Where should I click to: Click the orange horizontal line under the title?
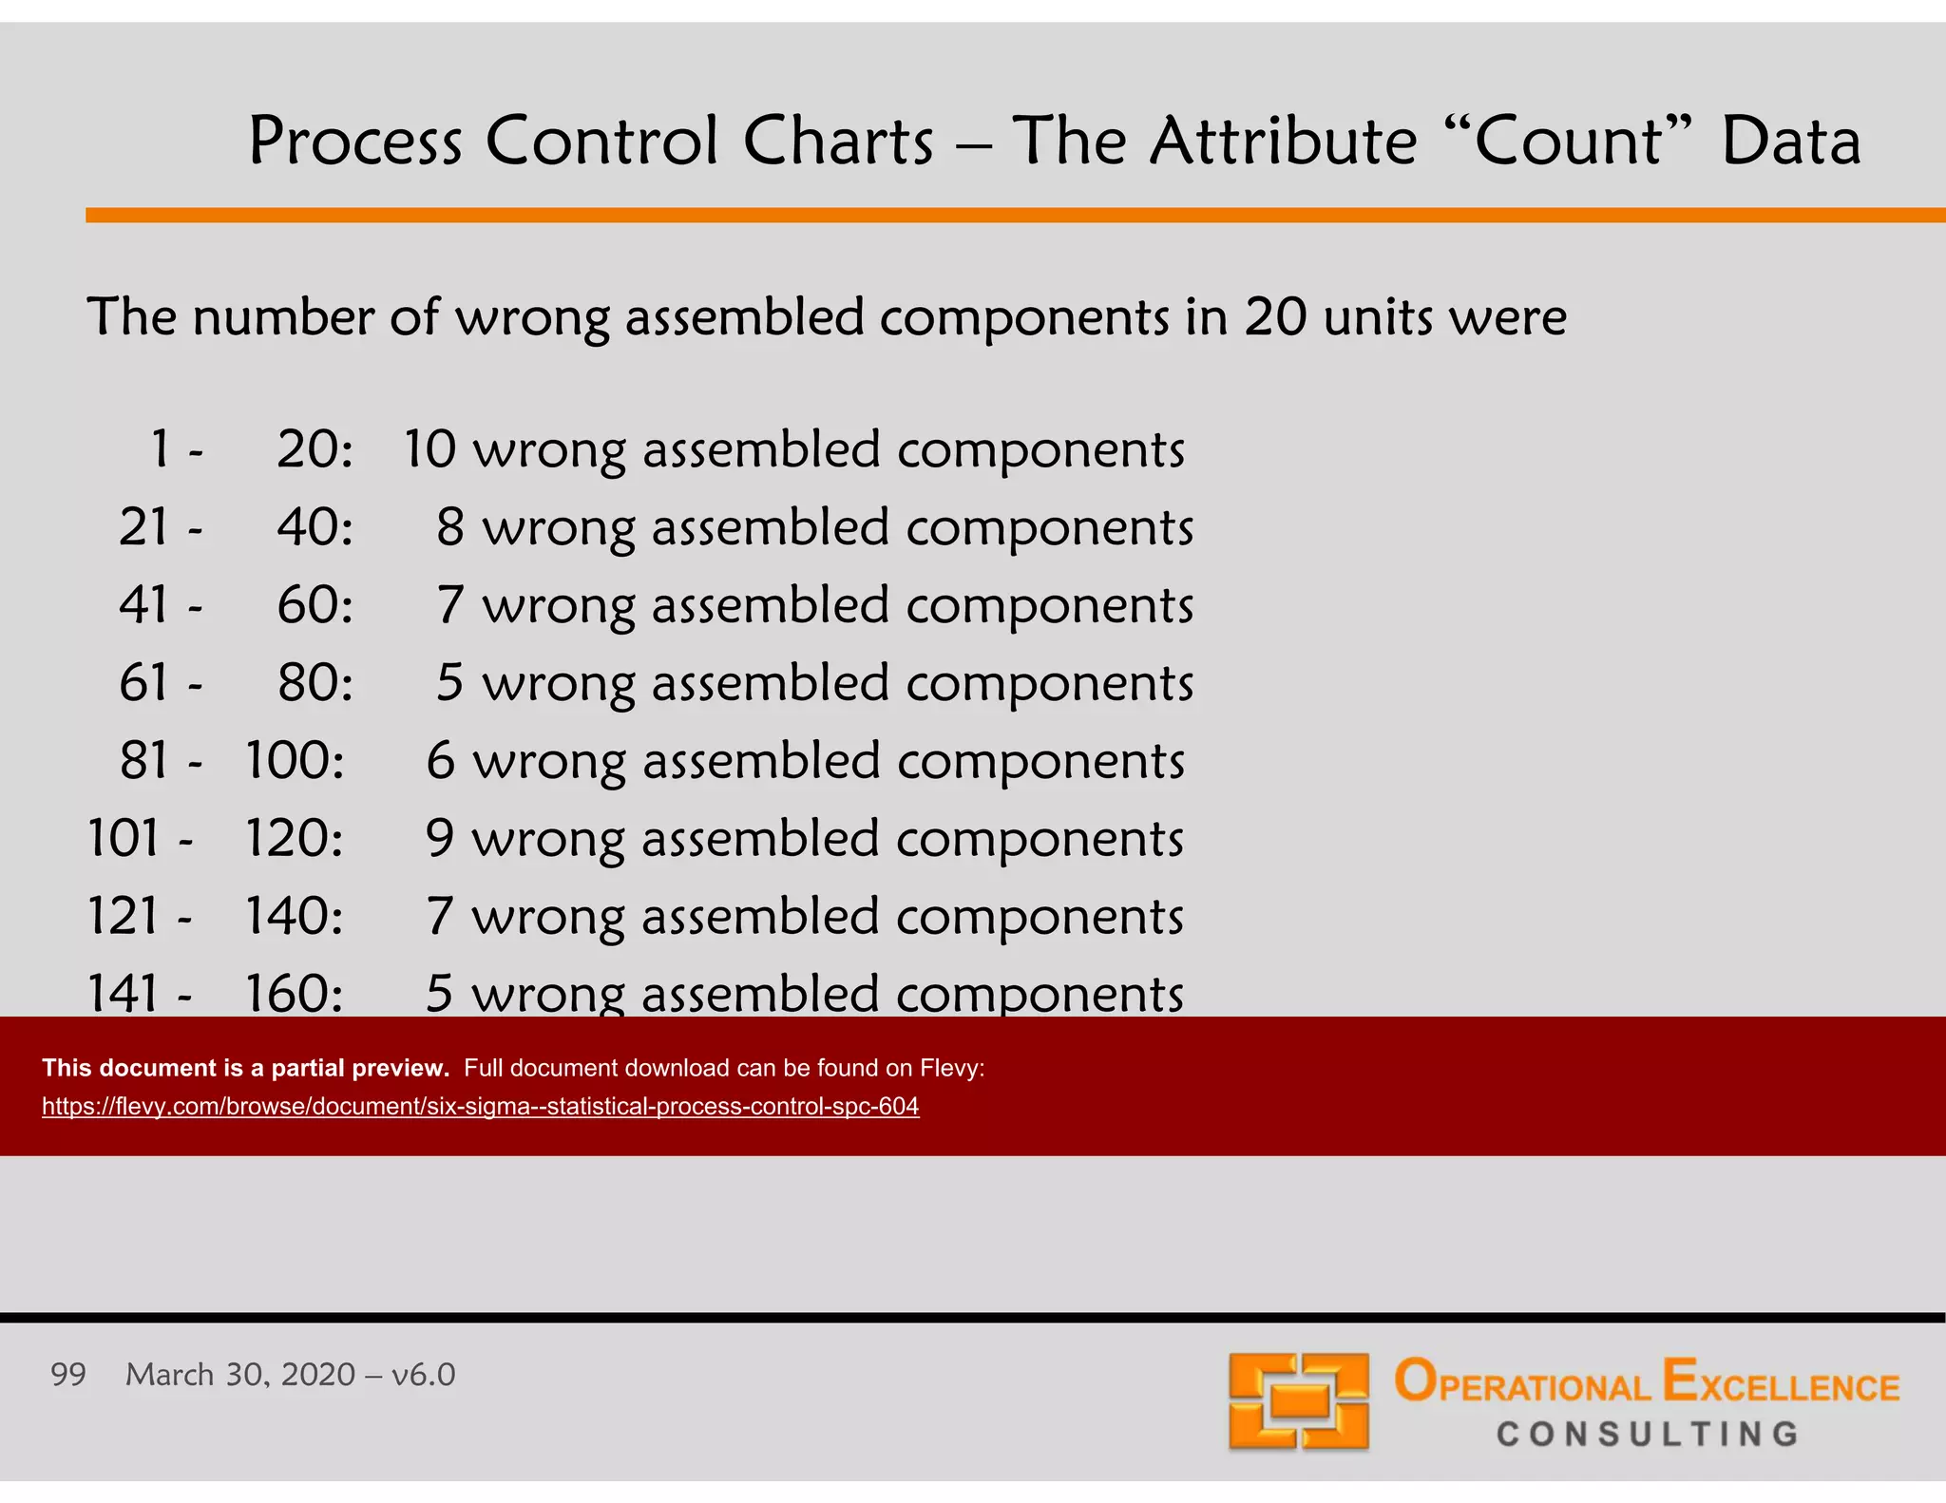tap(1015, 216)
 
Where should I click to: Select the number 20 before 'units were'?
tap(1275, 317)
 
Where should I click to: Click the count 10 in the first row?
tap(430, 449)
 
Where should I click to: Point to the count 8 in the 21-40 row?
tap(449, 527)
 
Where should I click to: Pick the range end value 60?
tap(315, 605)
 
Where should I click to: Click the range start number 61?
tap(144, 683)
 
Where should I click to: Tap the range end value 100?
tap(295, 761)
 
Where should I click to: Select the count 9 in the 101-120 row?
tap(440, 839)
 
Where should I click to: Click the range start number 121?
tap(123, 917)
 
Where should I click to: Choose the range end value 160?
tap(294, 994)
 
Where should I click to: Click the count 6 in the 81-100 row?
tap(440, 761)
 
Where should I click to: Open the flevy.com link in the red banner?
tap(480, 1107)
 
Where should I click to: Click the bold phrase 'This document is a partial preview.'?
tap(245, 1068)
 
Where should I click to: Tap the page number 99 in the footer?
tap(68, 1375)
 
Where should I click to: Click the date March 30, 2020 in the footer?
tap(240, 1375)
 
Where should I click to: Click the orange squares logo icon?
tap(1298, 1400)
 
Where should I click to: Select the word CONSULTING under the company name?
tap(1648, 1434)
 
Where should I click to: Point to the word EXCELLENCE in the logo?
tap(1781, 1383)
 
